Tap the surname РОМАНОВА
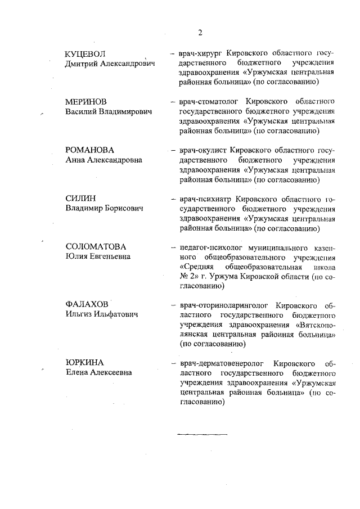click(90, 150)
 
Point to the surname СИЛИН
click(81, 199)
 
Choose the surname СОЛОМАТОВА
click(96, 247)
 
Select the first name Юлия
click(76, 257)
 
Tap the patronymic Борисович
click(123, 209)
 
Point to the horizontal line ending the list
click(202, 435)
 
